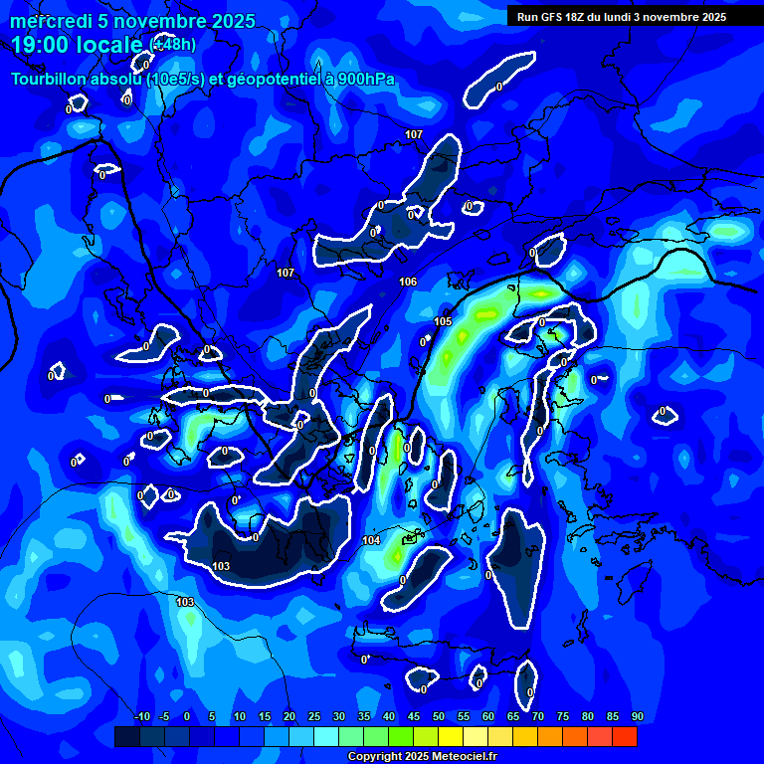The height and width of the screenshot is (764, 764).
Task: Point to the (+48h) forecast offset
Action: tap(174, 44)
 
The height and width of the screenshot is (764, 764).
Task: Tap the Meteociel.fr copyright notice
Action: tap(422, 757)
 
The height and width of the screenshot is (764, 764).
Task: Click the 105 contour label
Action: tap(443, 321)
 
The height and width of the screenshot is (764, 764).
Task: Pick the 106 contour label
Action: tap(408, 282)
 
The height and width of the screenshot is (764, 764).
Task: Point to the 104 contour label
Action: tap(371, 540)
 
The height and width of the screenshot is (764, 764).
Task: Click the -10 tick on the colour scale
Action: tap(142, 717)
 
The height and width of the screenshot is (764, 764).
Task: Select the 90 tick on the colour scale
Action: tap(637, 717)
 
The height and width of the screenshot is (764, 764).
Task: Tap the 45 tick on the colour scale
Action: tap(414, 717)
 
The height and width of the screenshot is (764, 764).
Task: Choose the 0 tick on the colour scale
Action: tap(187, 717)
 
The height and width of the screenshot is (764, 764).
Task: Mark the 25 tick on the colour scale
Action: tap(314, 717)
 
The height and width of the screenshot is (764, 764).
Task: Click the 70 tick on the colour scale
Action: tap(538, 717)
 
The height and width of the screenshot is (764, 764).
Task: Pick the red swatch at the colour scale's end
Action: tap(625, 736)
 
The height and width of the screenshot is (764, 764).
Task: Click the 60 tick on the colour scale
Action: tap(488, 717)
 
